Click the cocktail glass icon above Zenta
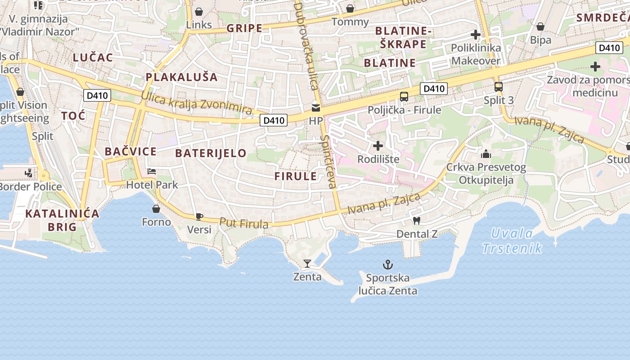(307, 263)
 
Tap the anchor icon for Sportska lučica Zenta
(387, 264)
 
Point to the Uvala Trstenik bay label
(512, 241)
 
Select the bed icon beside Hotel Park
(152, 171)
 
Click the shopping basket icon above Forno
(156, 209)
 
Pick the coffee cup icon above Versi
(199, 216)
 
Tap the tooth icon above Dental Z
(416, 220)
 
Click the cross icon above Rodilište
(378, 146)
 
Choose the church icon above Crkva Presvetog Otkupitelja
(486, 154)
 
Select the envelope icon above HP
(316, 108)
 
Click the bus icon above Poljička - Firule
(404, 96)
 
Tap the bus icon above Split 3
(498, 87)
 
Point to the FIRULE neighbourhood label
(296, 176)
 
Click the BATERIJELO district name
(211, 153)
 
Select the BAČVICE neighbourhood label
(130, 151)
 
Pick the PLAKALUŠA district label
(181, 77)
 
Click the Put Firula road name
(244, 223)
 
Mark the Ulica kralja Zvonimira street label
(196, 103)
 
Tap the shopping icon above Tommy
(350, 9)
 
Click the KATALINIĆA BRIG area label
(62, 220)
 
